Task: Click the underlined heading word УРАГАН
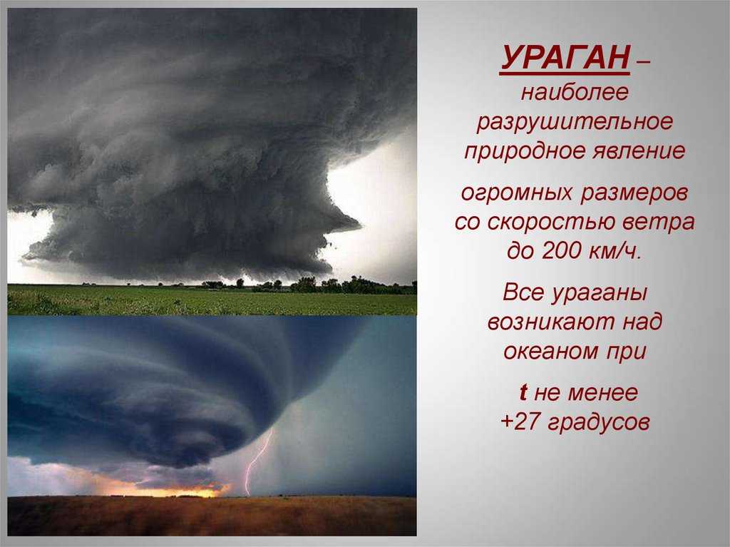point(565,58)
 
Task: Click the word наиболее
point(575,92)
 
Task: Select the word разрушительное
point(575,122)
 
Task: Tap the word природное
point(525,151)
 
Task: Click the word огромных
point(516,193)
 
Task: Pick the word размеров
point(634,193)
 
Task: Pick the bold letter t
point(523,392)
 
